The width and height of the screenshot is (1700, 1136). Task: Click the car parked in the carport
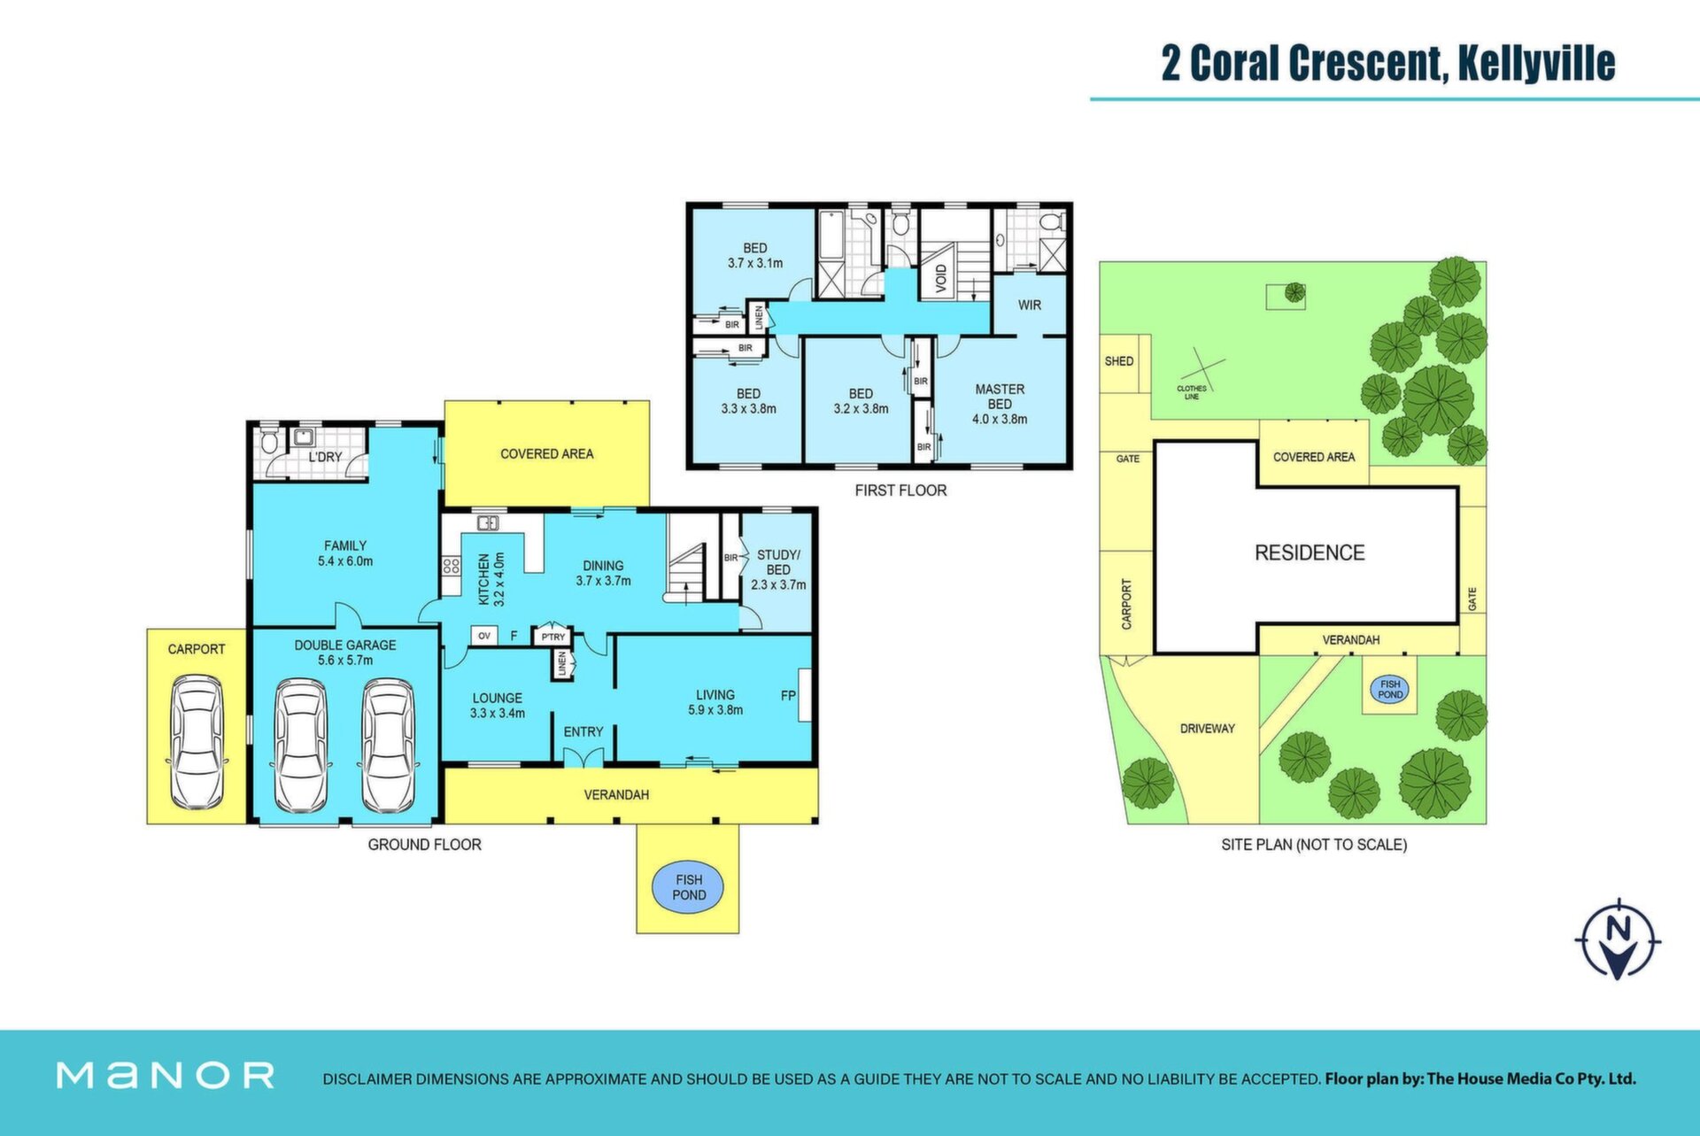[197, 742]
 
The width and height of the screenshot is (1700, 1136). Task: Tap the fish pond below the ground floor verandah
[688, 887]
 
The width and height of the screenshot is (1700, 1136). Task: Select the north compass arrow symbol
[1618, 939]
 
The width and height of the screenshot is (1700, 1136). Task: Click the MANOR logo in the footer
[166, 1075]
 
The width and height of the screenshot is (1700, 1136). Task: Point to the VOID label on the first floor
[940, 279]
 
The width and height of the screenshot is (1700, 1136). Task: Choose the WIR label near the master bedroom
[1029, 305]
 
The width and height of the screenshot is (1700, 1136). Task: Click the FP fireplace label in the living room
[788, 696]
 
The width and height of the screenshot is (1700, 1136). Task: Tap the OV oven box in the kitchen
[484, 636]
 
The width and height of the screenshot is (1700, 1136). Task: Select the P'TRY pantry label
[553, 637]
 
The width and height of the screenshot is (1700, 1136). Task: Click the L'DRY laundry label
[325, 457]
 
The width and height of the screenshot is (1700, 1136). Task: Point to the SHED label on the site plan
[1119, 361]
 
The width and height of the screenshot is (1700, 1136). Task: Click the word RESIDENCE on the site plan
[1310, 553]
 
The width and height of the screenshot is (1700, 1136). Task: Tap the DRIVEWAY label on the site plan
[1208, 729]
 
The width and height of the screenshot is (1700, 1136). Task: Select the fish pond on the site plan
[1390, 689]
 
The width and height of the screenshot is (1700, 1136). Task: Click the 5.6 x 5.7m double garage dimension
[345, 661]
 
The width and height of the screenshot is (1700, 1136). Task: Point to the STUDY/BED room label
[778, 562]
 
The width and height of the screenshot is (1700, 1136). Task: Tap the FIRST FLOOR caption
[900, 491]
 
